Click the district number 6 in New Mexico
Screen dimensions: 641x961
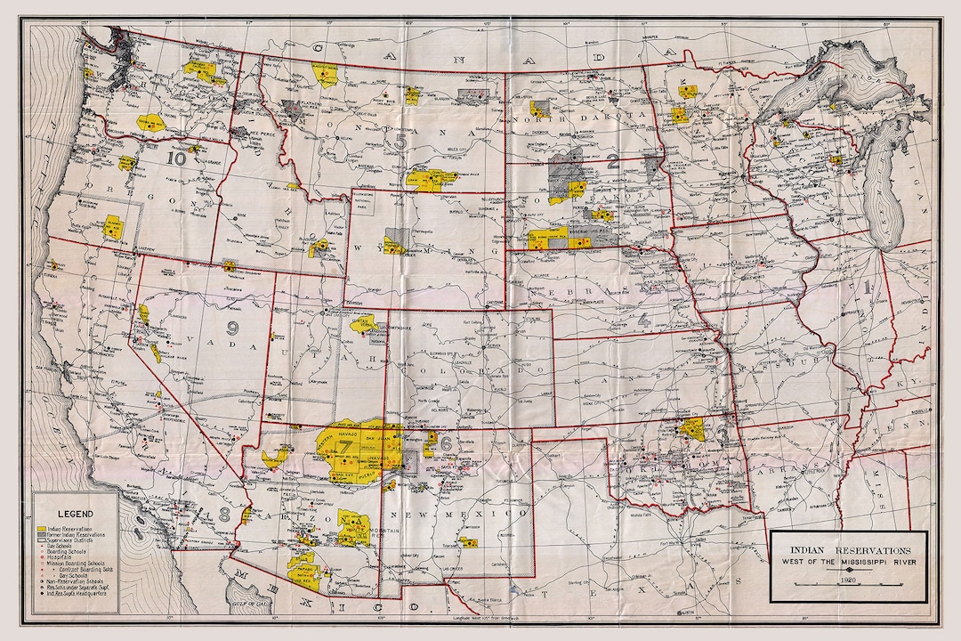coord(444,441)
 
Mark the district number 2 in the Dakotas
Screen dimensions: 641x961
coord(612,161)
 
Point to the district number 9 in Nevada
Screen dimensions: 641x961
coord(233,327)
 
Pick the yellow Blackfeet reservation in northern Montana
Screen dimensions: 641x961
coord(325,75)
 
